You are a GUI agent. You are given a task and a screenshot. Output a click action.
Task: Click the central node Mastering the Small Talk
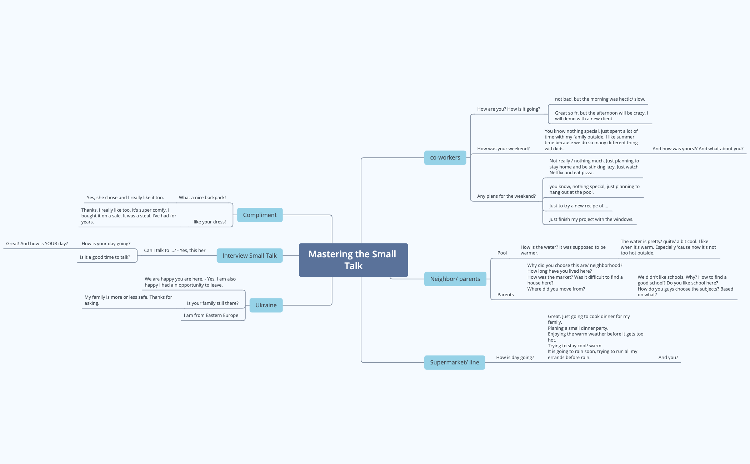pyautogui.click(x=353, y=260)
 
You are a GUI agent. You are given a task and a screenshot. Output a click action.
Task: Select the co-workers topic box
pyautogui.click(x=445, y=157)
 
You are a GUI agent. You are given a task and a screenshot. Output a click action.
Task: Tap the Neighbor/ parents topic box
pyautogui.click(x=455, y=279)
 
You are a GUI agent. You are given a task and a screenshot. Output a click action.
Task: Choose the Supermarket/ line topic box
pyautogui.click(x=454, y=362)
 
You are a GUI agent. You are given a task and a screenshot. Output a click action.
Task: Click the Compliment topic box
pyautogui.click(x=260, y=215)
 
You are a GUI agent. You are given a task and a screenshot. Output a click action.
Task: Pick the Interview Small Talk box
pyautogui.click(x=249, y=256)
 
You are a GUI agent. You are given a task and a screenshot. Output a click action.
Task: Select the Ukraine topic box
pyautogui.click(x=266, y=305)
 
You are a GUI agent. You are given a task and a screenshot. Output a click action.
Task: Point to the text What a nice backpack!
pyautogui.click(x=202, y=197)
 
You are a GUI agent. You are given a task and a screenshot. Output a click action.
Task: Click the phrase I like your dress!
pyautogui.click(x=209, y=222)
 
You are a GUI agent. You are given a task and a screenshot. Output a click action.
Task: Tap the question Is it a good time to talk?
pyautogui.click(x=105, y=257)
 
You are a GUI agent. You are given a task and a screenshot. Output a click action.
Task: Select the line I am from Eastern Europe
pyautogui.click(x=211, y=315)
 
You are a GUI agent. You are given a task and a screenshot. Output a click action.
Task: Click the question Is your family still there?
pyautogui.click(x=212, y=303)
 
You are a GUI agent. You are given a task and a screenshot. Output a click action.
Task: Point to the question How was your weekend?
pyautogui.click(x=503, y=148)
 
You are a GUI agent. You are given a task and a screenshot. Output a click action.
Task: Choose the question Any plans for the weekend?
pyautogui.click(x=506, y=196)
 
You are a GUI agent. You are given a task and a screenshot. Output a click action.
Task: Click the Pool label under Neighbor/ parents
pyautogui.click(x=502, y=253)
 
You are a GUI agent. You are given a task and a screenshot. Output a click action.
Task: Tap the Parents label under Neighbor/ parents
pyautogui.click(x=505, y=294)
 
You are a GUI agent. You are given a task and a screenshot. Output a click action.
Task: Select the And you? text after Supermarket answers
pyautogui.click(x=668, y=357)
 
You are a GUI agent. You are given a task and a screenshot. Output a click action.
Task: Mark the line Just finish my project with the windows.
pyautogui.click(x=591, y=219)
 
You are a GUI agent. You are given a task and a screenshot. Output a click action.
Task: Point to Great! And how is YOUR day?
pyautogui.click(x=37, y=243)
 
